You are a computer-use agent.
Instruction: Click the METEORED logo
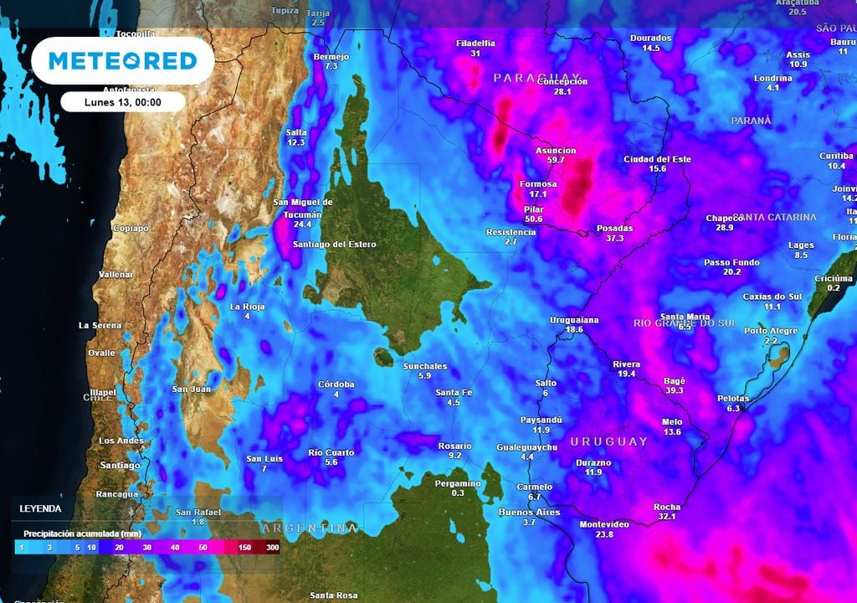click(x=122, y=60)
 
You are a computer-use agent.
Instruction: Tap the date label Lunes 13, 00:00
click(x=122, y=102)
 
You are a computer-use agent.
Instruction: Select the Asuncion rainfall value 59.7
click(x=556, y=159)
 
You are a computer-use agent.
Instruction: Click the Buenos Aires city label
click(x=528, y=512)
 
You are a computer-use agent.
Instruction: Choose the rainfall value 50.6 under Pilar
click(x=534, y=219)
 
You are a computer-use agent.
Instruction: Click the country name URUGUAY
click(x=608, y=441)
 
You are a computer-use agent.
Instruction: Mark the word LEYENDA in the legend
click(x=40, y=508)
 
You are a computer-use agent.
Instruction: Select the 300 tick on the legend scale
click(x=272, y=547)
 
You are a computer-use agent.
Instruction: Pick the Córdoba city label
click(x=336, y=384)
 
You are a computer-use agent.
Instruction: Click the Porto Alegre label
click(x=771, y=331)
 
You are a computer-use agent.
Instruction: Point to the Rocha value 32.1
click(x=667, y=517)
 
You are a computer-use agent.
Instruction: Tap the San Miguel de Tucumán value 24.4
click(x=302, y=224)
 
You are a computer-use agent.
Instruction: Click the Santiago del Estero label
click(x=334, y=245)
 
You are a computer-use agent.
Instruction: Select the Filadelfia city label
click(x=475, y=43)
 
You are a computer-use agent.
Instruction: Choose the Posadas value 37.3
click(x=614, y=238)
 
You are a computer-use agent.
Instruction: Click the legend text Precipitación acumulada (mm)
click(x=81, y=533)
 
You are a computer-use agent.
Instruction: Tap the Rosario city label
click(x=454, y=446)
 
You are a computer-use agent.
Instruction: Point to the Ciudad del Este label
click(x=657, y=159)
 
